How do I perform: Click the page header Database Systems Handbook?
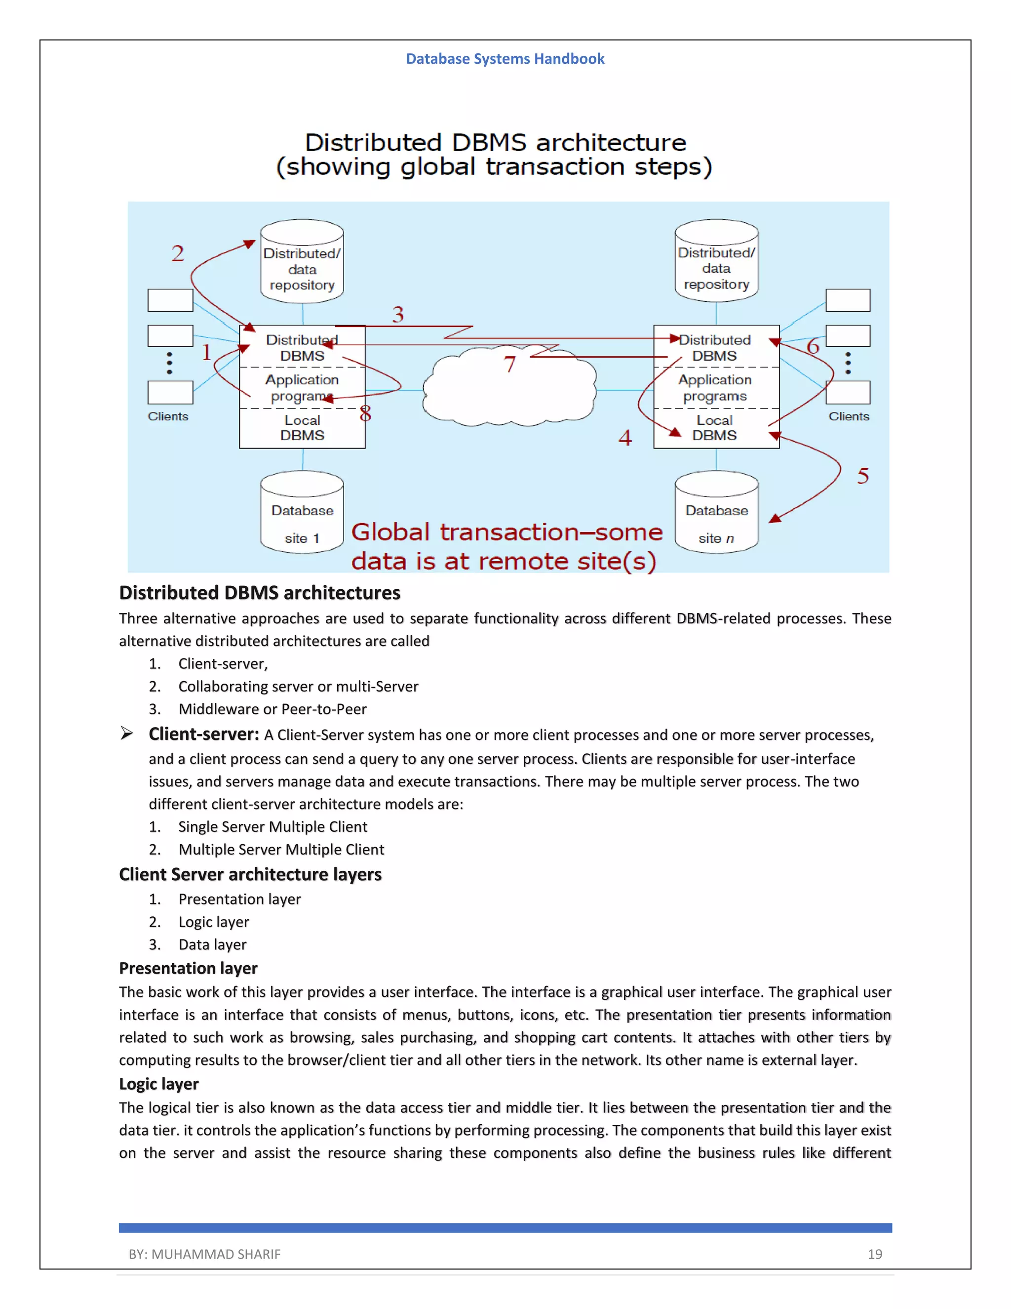[x=505, y=59]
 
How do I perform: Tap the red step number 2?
[x=177, y=253]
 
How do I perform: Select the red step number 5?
[x=862, y=476]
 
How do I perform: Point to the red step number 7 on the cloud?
[x=509, y=365]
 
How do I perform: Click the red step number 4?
[x=624, y=438]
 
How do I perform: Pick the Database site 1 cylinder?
[x=302, y=512]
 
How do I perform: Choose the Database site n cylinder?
[x=716, y=512]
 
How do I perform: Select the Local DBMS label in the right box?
[x=714, y=428]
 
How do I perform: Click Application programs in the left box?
[x=302, y=388]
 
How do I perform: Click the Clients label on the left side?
[x=168, y=416]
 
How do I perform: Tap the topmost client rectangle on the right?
[x=848, y=300]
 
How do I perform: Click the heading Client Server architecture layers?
[x=250, y=874]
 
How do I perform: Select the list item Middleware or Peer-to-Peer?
[x=272, y=709]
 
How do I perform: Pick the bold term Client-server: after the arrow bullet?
[x=204, y=734]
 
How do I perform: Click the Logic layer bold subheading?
[x=159, y=1084]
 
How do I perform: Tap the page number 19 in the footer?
[x=874, y=1254]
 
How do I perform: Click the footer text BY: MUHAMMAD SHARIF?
[x=204, y=1254]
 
